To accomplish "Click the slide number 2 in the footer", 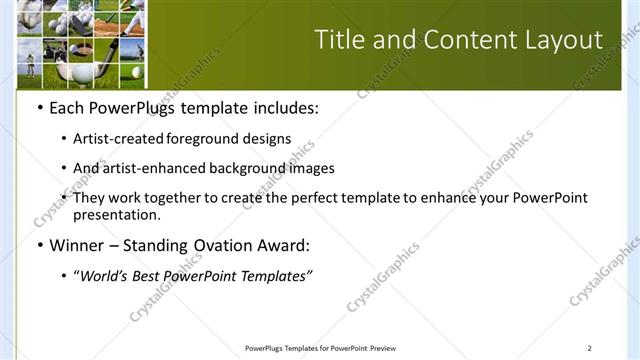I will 589,348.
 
